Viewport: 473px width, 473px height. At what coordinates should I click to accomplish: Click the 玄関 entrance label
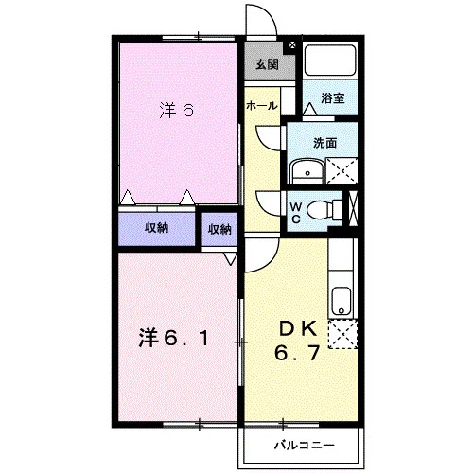267,64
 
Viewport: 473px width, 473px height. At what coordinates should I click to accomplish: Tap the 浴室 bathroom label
332,98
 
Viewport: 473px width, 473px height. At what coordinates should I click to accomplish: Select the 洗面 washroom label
324,143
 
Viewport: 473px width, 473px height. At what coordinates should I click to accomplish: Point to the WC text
296,213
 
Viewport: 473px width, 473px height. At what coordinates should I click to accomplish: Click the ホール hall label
262,106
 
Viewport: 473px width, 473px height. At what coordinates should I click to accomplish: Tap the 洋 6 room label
177,111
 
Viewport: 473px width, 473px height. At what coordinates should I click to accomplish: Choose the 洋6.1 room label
174,339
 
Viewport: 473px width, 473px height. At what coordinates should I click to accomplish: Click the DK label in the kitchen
298,329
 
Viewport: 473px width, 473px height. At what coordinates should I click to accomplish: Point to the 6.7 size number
298,353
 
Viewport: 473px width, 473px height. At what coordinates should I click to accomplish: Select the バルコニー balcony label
304,446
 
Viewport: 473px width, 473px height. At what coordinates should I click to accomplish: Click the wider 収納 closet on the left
156,229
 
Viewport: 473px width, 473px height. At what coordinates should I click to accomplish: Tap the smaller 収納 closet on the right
219,229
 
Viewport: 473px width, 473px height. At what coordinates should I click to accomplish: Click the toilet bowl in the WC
320,210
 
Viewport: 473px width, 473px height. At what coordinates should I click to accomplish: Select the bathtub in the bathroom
330,61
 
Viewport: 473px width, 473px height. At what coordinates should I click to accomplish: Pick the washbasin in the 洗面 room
307,172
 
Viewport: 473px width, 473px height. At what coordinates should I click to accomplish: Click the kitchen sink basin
341,301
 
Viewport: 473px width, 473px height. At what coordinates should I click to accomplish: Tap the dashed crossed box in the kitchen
342,334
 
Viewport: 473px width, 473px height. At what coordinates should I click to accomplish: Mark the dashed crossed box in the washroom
342,171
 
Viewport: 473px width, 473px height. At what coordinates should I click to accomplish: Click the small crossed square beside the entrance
292,44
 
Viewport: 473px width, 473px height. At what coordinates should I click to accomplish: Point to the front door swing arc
269,14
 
